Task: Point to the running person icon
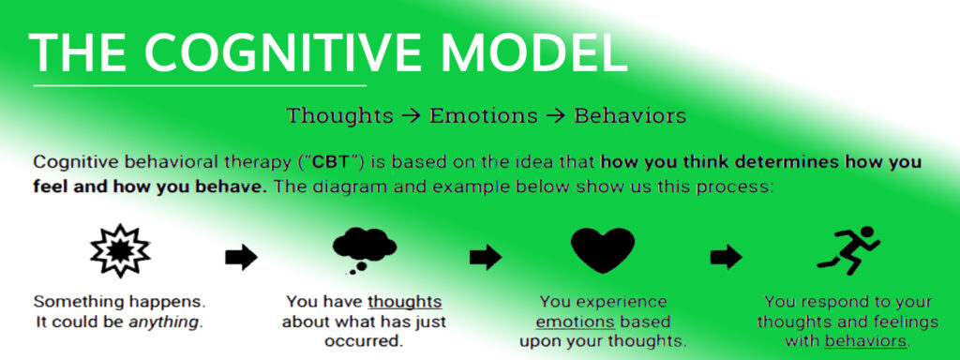847,249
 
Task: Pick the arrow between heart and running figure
726,256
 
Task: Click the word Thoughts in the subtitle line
339,116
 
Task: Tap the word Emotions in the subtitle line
484,116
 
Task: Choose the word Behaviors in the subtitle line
630,116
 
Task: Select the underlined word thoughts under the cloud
404,303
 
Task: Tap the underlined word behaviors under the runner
866,340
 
